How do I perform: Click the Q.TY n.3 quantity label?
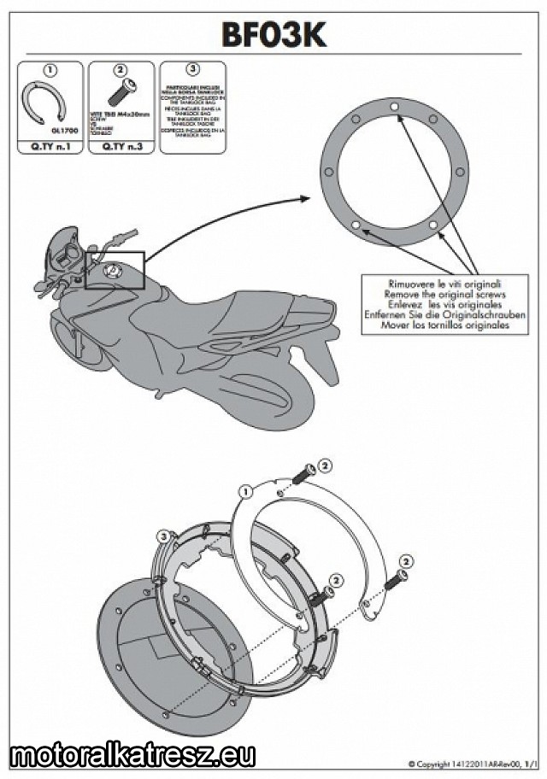click(121, 147)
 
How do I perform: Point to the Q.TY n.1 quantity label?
click(50, 147)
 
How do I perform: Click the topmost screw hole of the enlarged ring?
click(393, 106)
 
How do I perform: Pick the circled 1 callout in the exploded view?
click(245, 491)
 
